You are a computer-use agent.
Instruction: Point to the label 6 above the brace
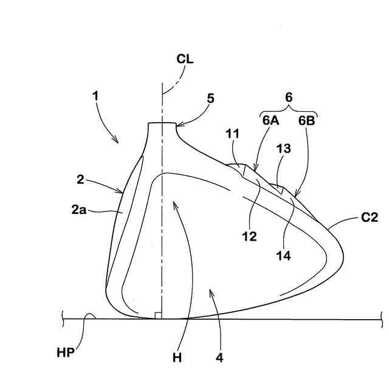point(289,97)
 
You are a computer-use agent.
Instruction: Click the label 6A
point(271,120)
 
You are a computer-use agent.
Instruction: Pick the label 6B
point(306,120)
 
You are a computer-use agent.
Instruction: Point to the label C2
point(370,218)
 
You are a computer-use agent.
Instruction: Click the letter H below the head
point(177,357)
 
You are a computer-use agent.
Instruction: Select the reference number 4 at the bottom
point(219,357)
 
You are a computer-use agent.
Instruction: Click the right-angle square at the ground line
point(158,315)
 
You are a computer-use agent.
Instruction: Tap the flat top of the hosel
point(163,123)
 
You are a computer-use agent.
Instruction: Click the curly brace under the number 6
point(289,109)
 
